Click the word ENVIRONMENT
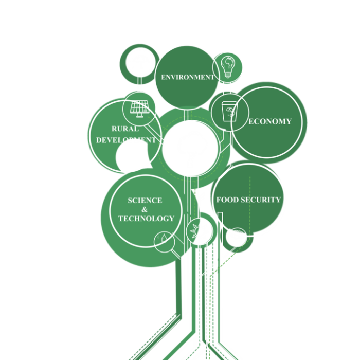click(x=188, y=77)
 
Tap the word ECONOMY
click(x=270, y=121)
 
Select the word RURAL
click(x=124, y=129)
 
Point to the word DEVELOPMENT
click(x=125, y=140)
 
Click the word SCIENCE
click(x=145, y=200)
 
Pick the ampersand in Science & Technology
click(x=145, y=209)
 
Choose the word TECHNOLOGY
click(x=146, y=219)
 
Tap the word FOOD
click(x=227, y=200)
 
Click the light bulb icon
click(x=227, y=66)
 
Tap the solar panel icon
click(x=139, y=108)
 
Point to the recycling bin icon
click(x=228, y=112)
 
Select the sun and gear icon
click(x=199, y=232)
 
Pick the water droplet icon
click(x=164, y=239)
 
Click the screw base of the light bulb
click(x=227, y=75)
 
